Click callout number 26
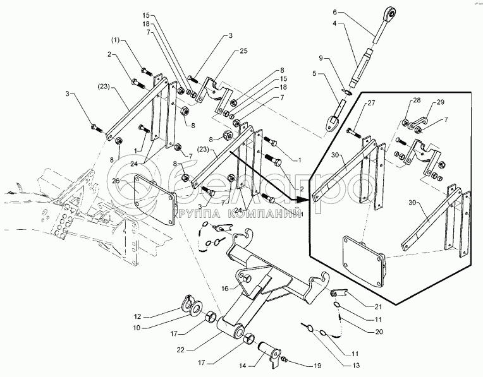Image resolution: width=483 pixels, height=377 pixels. click(x=116, y=182)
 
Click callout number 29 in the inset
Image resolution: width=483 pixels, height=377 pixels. click(x=440, y=102)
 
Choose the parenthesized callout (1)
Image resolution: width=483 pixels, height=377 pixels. click(x=116, y=40)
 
